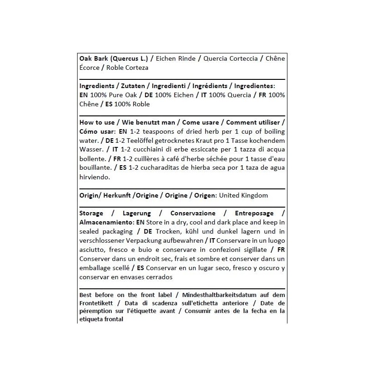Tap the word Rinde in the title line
point(187,58)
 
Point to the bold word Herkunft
point(115,195)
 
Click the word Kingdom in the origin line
point(253,195)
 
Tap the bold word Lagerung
point(136,214)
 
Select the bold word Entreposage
point(254,214)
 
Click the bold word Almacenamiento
point(106,223)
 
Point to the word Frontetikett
point(96,303)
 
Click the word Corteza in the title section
point(136,68)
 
